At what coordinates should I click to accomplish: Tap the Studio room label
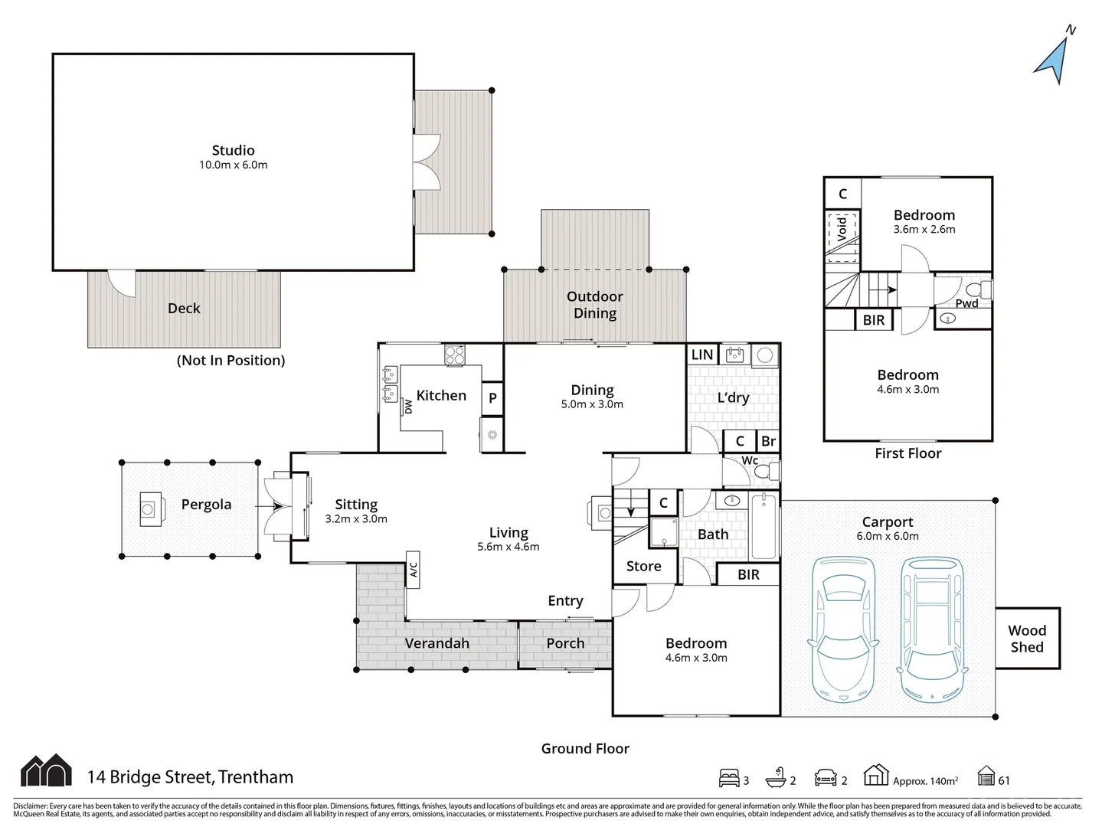click(x=233, y=151)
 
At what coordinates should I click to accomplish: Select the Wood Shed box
click(x=1027, y=639)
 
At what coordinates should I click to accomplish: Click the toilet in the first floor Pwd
click(x=977, y=290)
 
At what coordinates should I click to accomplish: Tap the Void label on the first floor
click(x=842, y=227)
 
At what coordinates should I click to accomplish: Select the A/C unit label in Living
click(x=413, y=570)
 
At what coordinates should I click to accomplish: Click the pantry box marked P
click(x=492, y=398)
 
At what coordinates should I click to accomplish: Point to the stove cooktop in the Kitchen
click(x=455, y=355)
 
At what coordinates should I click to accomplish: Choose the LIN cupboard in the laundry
click(x=702, y=355)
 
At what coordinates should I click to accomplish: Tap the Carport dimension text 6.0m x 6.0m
click(x=887, y=536)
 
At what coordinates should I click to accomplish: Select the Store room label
click(x=643, y=566)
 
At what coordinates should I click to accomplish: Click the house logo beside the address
click(x=46, y=770)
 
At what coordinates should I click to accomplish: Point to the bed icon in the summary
click(x=729, y=778)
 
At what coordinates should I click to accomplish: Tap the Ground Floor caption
click(x=585, y=748)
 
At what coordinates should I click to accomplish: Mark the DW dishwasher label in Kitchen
click(x=408, y=407)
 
